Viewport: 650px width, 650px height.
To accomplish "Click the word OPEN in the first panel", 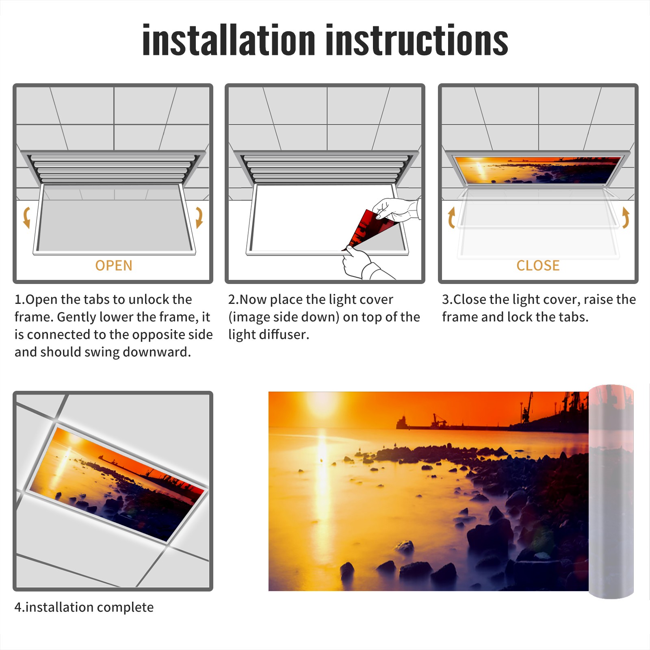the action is coord(114,266).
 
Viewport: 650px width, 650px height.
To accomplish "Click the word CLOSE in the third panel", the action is coord(538,266).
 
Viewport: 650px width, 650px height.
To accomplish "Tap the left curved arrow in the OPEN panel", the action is coord(26,217).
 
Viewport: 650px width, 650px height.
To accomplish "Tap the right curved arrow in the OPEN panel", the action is coord(199,217).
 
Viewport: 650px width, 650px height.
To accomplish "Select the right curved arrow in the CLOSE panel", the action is coord(626,217).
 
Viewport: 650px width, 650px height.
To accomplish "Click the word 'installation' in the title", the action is coord(229,40).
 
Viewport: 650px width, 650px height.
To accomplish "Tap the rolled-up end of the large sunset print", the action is coord(611,492).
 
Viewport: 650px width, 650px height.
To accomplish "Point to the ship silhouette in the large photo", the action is coord(422,422).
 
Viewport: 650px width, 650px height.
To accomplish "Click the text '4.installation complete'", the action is coord(84,607).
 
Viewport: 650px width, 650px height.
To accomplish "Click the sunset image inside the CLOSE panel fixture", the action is coord(538,170).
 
